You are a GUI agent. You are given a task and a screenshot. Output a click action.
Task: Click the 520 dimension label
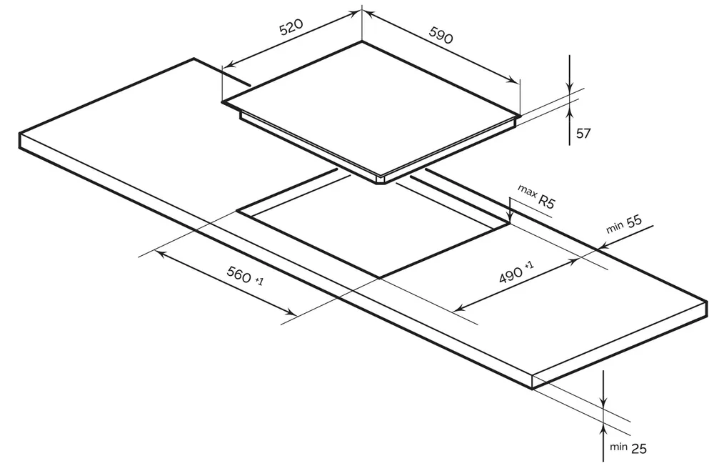click(x=291, y=27)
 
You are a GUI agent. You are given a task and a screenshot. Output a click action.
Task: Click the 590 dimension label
click(x=441, y=35)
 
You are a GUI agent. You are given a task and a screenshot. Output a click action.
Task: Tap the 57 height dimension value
click(x=583, y=134)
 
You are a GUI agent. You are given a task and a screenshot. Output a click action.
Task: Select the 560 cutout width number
click(x=239, y=274)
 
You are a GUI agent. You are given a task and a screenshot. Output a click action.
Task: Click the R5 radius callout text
click(x=547, y=201)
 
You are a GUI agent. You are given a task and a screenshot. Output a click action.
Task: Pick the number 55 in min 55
click(x=634, y=222)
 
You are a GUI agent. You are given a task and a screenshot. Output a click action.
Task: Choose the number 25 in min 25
click(x=638, y=449)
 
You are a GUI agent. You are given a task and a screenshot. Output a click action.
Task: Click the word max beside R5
click(x=526, y=191)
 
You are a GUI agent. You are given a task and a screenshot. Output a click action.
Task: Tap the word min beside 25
click(x=619, y=447)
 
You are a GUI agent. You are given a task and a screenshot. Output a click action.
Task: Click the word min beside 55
click(x=614, y=227)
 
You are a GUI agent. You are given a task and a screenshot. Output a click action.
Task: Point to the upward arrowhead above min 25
click(x=603, y=429)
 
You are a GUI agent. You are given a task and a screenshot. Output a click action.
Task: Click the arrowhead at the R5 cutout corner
click(x=511, y=215)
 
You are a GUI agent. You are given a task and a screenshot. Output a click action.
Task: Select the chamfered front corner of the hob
click(x=381, y=181)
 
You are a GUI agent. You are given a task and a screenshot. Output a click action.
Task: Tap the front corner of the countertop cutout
click(x=379, y=277)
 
